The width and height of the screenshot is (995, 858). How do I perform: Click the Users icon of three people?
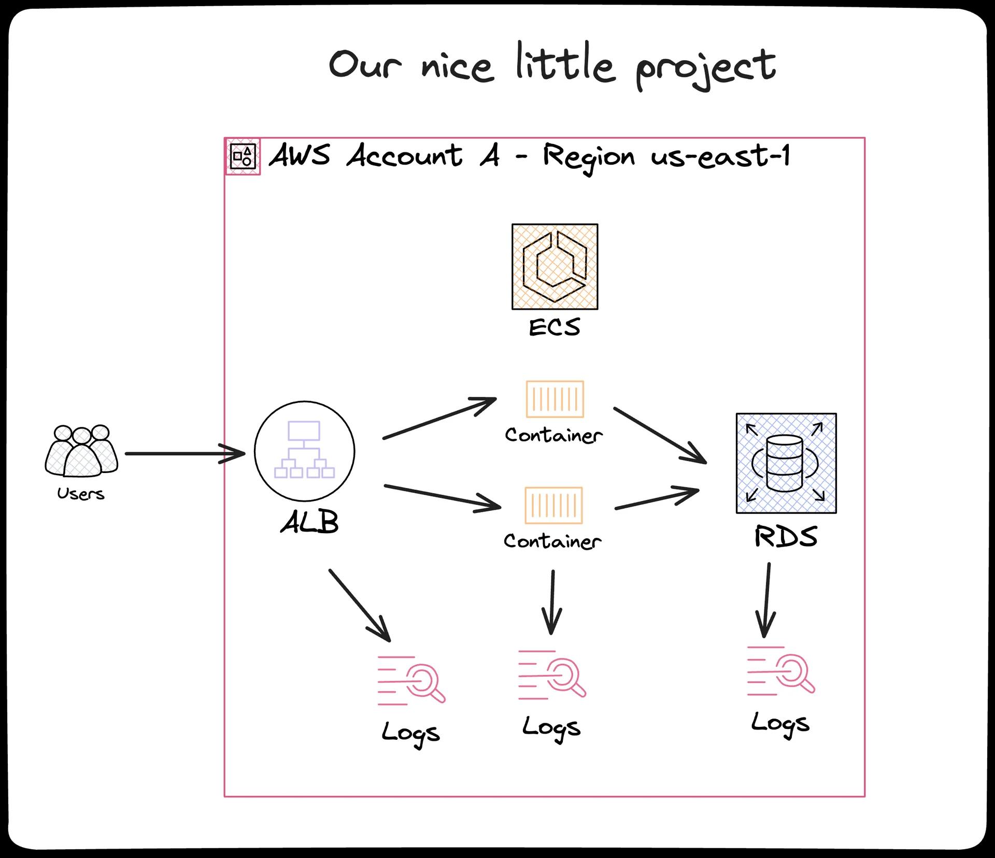(81, 450)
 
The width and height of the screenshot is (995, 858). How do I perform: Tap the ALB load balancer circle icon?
(304, 451)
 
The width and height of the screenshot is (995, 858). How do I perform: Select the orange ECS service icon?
(555, 267)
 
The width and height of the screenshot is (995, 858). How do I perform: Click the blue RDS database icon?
(786, 463)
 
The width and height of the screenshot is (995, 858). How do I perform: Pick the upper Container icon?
(555, 399)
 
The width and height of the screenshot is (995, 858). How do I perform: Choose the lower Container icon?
(553, 505)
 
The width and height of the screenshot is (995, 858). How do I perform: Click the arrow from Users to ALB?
(184, 454)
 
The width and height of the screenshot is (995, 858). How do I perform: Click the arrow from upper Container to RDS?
(659, 435)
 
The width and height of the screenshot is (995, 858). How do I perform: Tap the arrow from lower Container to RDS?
(656, 499)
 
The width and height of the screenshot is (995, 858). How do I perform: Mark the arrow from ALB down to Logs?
(359, 605)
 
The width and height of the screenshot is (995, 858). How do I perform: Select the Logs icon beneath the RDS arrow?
(780, 671)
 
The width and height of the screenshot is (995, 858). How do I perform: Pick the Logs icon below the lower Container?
(551, 675)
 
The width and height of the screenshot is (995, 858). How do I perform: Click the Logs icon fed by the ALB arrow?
(411, 680)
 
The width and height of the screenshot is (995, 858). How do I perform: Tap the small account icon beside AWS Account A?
(243, 156)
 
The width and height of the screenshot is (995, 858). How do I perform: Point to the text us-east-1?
(720, 155)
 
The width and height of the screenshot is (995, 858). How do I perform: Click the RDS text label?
(786, 537)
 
